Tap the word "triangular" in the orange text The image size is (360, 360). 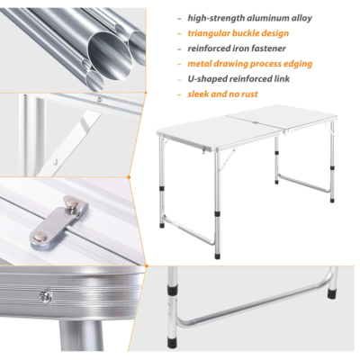208,33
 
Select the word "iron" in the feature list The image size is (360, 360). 240,49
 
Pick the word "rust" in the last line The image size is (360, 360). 248,94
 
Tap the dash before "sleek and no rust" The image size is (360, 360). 179,94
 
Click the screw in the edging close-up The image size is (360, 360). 45,297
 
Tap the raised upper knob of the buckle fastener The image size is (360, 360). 70,203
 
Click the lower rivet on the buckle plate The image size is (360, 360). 40,238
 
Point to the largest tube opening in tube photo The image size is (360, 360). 110,56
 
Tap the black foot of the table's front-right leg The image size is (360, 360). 217,256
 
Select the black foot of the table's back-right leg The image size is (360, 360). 332,199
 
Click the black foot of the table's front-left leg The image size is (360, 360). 162,225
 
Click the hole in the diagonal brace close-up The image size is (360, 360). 56,163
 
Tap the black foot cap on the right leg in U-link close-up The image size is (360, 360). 331,292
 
